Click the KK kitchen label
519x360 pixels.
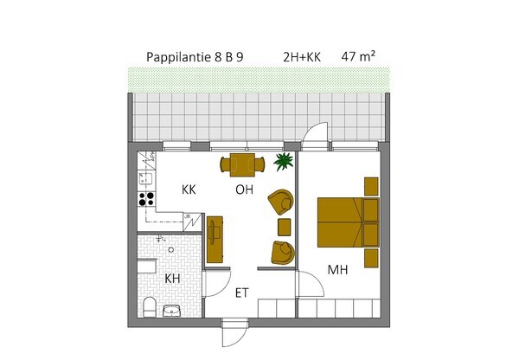pos(189,190)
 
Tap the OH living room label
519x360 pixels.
pos(244,190)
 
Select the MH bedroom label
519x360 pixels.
pos(337,270)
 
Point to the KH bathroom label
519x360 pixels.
pos(172,279)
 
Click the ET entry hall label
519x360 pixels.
pos(242,293)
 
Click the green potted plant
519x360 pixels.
pos(284,161)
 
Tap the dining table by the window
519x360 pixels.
pos(242,164)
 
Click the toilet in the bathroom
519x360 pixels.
pos(150,307)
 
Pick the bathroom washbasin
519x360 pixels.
pos(172,311)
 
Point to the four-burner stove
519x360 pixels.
pos(146,199)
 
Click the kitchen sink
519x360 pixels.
pos(145,179)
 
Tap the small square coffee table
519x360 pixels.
pos(285,228)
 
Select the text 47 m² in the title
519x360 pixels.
pos(358,56)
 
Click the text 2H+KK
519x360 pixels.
pos(302,57)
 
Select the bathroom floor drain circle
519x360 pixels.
pos(171,250)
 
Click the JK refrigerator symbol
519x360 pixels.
pos(192,222)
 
